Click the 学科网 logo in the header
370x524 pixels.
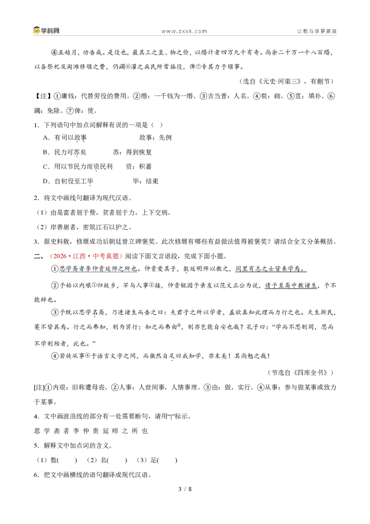click(x=46, y=31)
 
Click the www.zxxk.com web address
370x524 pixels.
click(x=184, y=31)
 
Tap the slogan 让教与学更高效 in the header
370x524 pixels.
click(x=317, y=31)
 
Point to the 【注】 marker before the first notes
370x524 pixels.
click(x=43, y=96)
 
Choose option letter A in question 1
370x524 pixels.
click(x=46, y=137)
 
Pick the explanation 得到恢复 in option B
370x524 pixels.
click(x=139, y=152)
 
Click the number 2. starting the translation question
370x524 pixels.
click(x=37, y=198)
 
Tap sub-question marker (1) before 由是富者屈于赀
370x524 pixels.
click(x=42, y=212)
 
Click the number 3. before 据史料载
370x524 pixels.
click(x=37, y=242)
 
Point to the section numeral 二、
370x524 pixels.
click(x=38, y=256)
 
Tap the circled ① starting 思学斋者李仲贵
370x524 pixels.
click(x=55, y=268)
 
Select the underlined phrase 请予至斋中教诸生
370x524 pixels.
click(x=290, y=286)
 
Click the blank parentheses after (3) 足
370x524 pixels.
click(x=167, y=460)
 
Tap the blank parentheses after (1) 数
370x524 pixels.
click(x=67, y=460)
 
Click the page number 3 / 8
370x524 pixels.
click(x=185, y=489)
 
